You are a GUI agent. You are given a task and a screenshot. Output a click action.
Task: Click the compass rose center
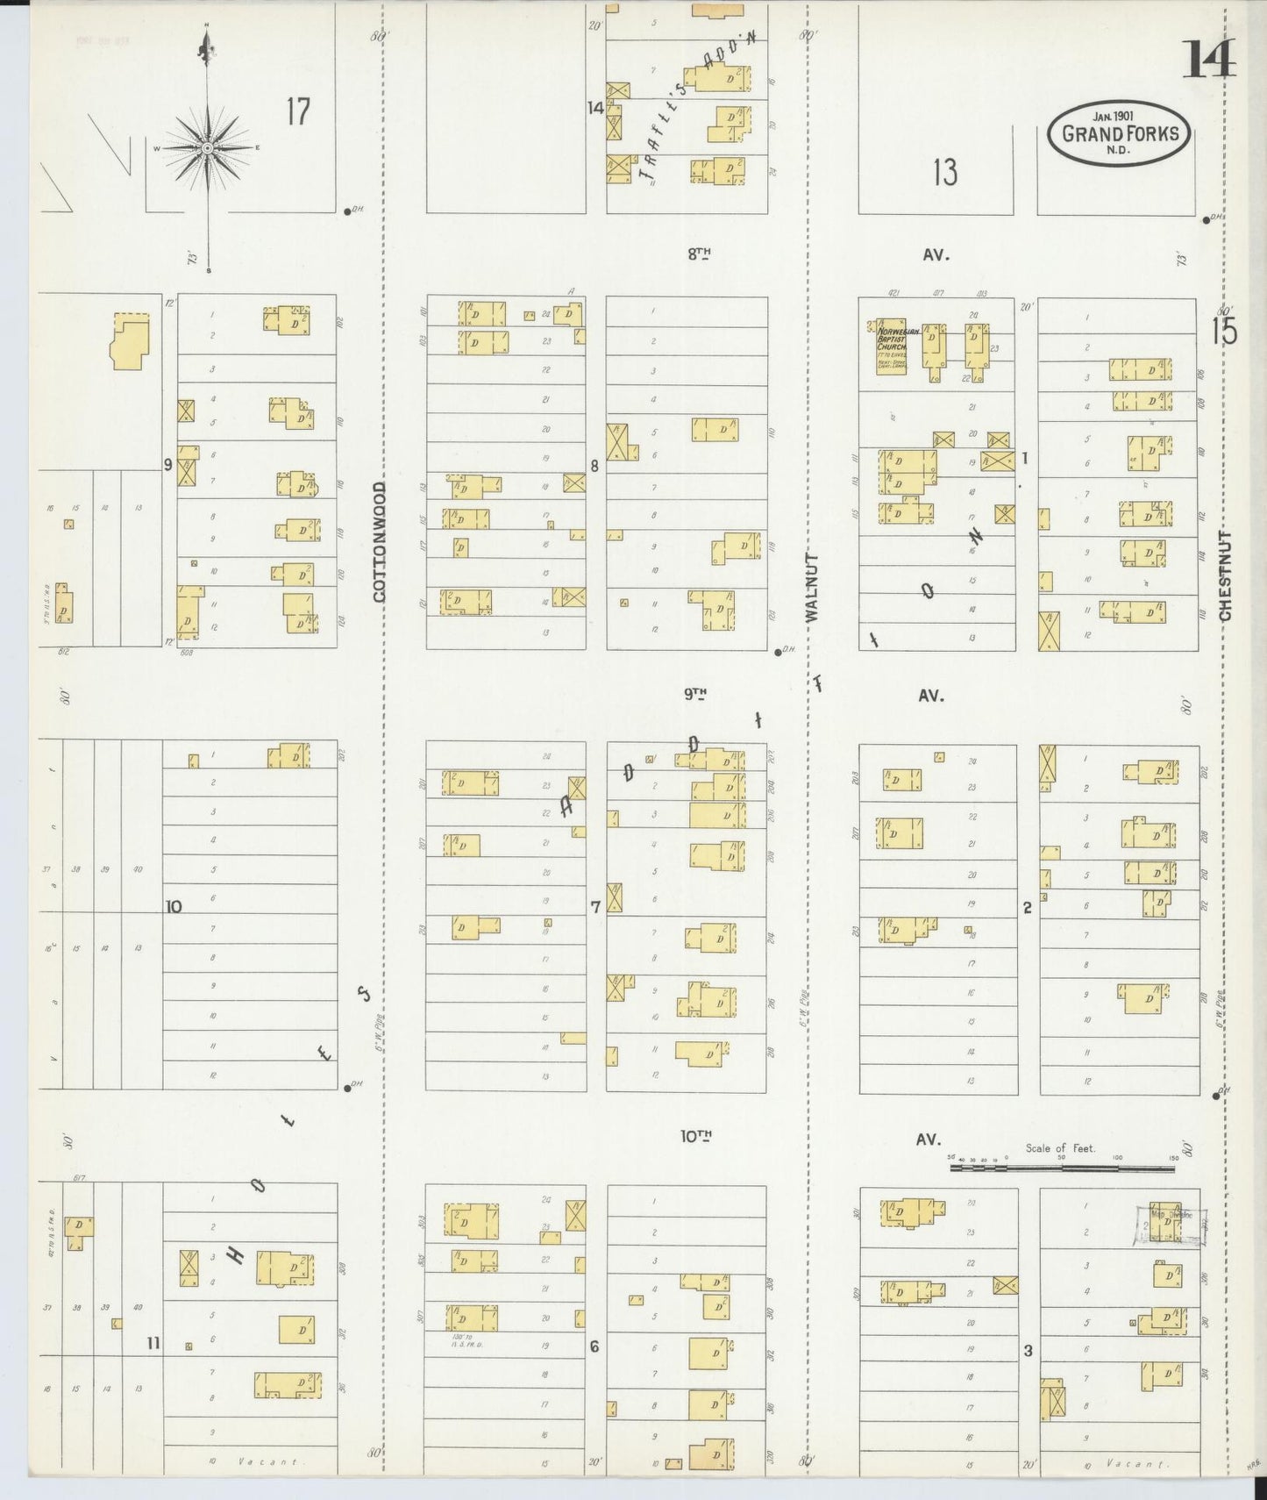(207, 148)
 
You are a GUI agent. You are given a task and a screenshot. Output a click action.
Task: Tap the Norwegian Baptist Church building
(891, 346)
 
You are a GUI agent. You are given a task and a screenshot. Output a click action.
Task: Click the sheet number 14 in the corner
(1208, 60)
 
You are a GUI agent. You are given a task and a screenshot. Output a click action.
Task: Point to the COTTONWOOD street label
(380, 541)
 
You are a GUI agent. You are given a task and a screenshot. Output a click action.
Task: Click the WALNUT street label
(811, 587)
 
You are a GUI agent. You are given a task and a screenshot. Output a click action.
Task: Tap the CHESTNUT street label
(1225, 575)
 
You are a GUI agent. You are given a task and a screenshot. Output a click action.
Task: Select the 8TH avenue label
(698, 254)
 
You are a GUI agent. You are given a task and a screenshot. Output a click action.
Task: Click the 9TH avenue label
(696, 695)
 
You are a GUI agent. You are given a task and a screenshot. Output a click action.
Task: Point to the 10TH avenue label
(696, 1137)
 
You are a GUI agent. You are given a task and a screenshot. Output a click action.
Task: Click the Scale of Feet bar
(1061, 1168)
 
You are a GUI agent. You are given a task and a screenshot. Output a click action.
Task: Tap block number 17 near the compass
(298, 111)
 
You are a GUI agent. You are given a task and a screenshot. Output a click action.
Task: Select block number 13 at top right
(944, 173)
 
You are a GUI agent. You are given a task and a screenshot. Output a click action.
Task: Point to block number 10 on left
(174, 906)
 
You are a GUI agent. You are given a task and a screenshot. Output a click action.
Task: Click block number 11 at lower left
(153, 1342)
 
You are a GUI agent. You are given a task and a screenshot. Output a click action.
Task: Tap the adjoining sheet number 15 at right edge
(1224, 332)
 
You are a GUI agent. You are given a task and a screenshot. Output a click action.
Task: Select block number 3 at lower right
(1028, 1350)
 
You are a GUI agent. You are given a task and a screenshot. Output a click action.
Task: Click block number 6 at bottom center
(594, 1346)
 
